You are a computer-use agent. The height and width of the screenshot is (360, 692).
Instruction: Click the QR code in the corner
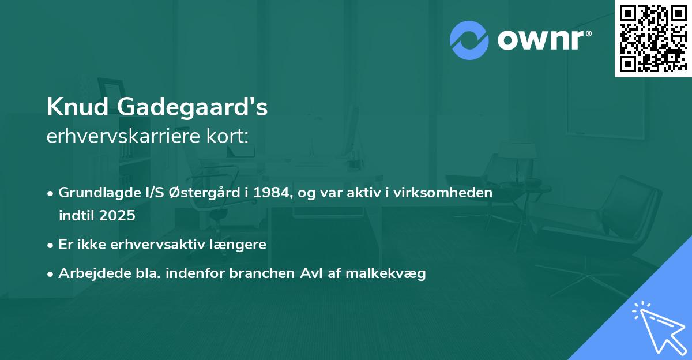(653, 39)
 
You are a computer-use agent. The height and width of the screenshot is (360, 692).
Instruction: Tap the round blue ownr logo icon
(469, 40)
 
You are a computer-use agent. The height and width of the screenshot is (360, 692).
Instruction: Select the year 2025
(118, 216)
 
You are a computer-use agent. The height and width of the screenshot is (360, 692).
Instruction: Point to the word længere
(241, 245)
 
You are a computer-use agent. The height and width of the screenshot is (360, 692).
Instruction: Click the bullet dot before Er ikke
(51, 245)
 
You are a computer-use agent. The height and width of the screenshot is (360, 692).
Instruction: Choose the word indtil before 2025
(76, 216)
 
